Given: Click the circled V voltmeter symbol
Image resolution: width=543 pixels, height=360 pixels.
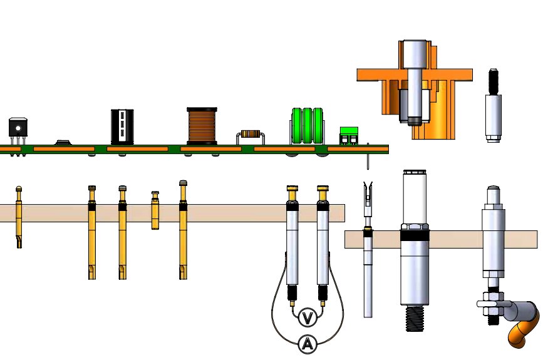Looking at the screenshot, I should tap(307, 318).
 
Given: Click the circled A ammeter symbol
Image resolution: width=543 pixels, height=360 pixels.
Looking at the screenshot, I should tap(307, 343).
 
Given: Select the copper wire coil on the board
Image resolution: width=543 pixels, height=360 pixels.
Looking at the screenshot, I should tap(202, 125).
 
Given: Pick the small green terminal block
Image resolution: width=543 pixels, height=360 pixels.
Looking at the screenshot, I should tap(349, 136).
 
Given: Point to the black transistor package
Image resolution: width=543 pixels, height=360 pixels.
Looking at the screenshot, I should tap(18, 127).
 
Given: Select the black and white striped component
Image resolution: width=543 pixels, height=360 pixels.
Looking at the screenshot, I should tap(122, 125).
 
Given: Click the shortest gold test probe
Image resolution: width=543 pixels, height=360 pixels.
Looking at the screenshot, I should tap(155, 210).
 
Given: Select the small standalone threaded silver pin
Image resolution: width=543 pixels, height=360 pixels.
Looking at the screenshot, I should tap(494, 106).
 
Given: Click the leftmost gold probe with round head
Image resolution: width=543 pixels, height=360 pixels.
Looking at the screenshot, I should tap(19, 216).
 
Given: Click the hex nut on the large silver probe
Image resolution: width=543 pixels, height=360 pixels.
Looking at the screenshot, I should tap(415, 225).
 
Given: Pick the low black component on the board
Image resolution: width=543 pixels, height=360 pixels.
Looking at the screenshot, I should tap(63, 143).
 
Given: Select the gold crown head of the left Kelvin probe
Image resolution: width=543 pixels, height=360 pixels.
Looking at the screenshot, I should tap(292, 188).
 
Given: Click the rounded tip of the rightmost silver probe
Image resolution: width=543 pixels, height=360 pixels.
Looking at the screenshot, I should tap(494, 188).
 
